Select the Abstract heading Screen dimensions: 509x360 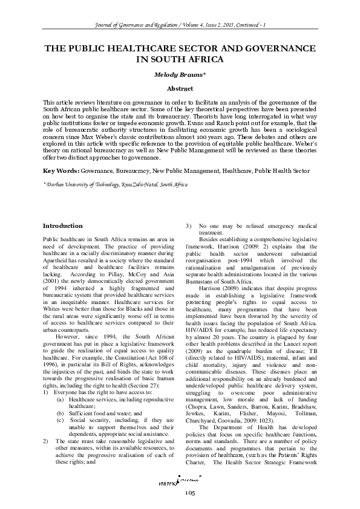pyautogui.click(x=180, y=88)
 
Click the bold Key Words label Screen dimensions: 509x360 pyautogui.click(x=62, y=154)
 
